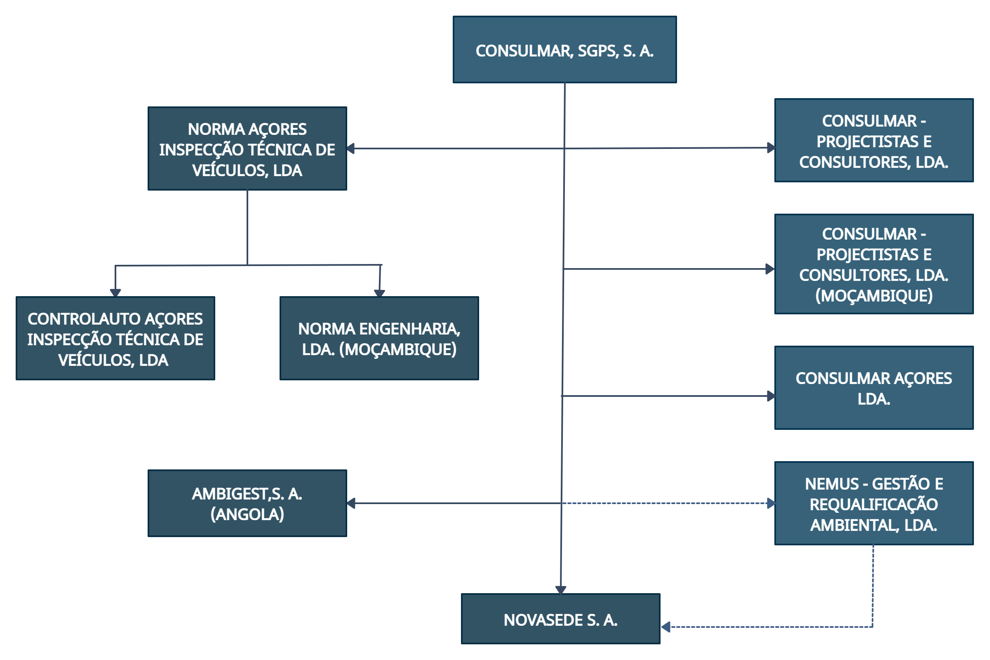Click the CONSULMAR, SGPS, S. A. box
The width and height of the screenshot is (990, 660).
[x=564, y=49]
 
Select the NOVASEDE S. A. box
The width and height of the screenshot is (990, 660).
[x=560, y=619]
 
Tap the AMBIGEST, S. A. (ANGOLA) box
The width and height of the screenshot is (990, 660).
[x=247, y=503]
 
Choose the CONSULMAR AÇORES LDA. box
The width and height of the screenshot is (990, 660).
[x=874, y=388]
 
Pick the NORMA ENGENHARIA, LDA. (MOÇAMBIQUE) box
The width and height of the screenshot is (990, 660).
[x=379, y=338]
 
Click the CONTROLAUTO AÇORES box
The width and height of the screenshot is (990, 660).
[x=115, y=338]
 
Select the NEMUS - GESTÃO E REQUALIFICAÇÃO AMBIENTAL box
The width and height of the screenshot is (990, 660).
[x=874, y=503]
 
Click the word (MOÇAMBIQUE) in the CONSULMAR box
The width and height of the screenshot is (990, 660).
[x=874, y=295]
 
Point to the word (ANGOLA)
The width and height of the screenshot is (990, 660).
[x=247, y=514]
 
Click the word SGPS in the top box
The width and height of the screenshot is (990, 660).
[x=598, y=51]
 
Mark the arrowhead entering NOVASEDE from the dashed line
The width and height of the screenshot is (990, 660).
[x=665, y=627]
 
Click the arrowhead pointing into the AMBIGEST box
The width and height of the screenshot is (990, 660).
[x=351, y=503]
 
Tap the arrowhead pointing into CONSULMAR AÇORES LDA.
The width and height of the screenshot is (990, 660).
[x=771, y=396]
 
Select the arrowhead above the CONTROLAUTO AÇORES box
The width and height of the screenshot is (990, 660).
[x=115, y=292]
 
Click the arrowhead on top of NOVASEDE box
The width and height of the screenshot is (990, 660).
[x=560, y=590]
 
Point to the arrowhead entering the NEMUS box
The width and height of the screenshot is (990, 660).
[x=771, y=503]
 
